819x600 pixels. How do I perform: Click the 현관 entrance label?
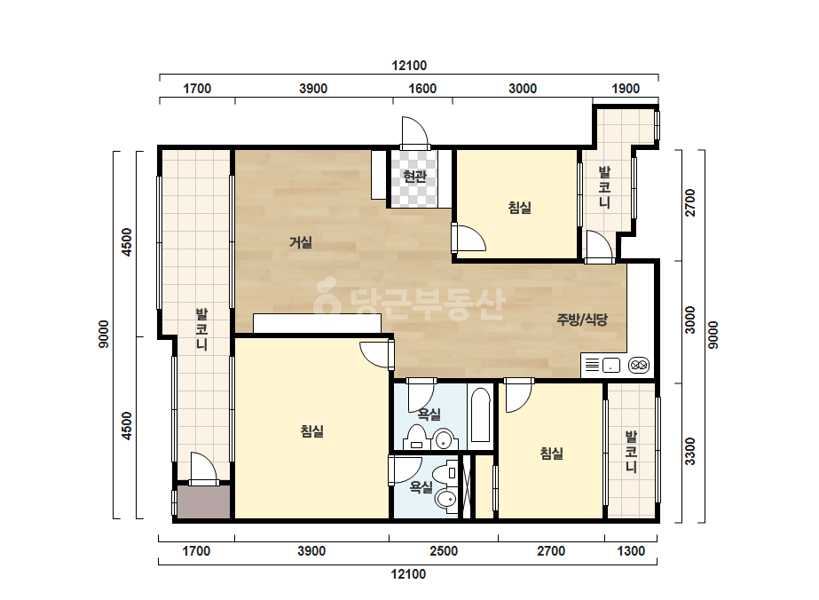click(415, 177)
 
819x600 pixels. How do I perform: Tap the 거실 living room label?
click(301, 242)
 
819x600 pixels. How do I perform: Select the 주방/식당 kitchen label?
click(582, 320)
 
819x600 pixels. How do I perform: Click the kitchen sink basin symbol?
click(611, 365)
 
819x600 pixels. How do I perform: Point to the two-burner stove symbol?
click(639, 365)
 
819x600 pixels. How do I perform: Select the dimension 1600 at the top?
click(422, 89)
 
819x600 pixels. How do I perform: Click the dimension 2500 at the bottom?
click(444, 551)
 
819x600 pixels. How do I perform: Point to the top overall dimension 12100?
click(409, 66)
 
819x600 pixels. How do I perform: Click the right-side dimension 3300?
click(690, 452)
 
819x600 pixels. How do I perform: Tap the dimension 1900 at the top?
click(626, 89)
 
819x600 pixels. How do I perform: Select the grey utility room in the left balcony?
click(203, 502)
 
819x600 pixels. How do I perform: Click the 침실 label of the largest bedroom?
click(312, 431)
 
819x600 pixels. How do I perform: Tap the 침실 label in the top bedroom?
click(520, 208)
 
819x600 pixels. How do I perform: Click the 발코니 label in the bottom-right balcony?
click(631, 452)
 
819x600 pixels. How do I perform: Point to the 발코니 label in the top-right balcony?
click(604, 187)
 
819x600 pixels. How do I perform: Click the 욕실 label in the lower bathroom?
click(421, 487)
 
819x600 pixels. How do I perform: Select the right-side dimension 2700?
click(690, 202)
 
